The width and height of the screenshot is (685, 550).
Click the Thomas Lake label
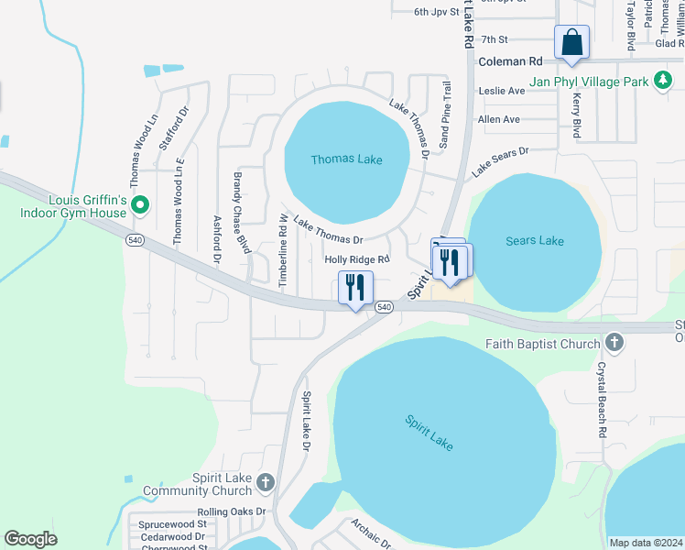[346, 159]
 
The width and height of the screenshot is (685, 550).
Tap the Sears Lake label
[535, 241]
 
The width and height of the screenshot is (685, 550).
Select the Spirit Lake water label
[429, 433]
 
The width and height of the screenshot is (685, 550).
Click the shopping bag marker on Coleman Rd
[571, 42]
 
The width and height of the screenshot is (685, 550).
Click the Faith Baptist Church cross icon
[614, 344]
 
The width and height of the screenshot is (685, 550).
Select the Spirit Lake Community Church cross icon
[265, 482]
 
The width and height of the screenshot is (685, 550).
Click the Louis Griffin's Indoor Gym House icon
[140, 204]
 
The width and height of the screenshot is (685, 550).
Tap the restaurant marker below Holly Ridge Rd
[354, 287]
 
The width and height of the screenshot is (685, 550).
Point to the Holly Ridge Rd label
[358, 260]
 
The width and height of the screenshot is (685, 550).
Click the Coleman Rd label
[510, 61]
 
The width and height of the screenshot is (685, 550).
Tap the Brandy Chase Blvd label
[240, 212]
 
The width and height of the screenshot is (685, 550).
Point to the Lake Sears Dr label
[500, 162]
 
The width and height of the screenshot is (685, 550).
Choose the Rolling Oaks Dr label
[231, 512]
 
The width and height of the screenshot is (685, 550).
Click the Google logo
[30, 539]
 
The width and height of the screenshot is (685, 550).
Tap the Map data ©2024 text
[646, 543]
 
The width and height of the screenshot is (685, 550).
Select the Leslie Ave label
[501, 92]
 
